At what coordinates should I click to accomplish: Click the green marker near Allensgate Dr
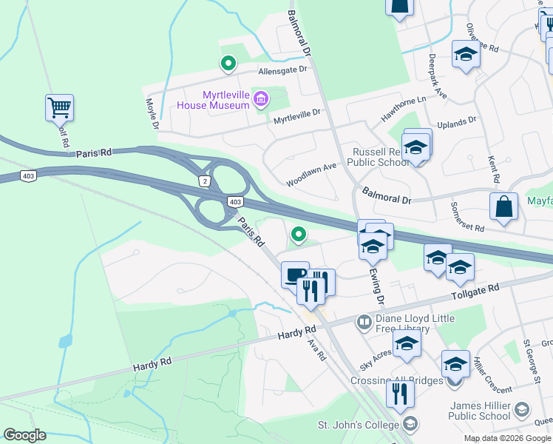coord(228,64)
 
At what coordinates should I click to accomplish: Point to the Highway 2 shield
coord(205,181)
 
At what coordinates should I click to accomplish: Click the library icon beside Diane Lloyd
coord(364,321)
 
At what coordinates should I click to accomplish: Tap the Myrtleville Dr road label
coord(296,114)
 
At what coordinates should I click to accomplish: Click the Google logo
coord(24,435)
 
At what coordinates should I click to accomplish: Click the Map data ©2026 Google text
coord(507,438)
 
